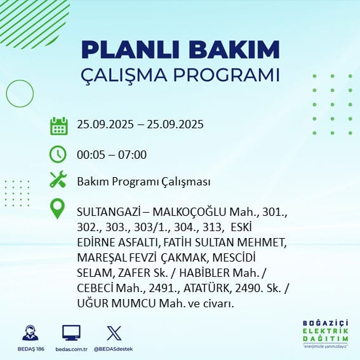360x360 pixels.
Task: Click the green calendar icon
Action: pos(59,126)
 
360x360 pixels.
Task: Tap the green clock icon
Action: pos(58,154)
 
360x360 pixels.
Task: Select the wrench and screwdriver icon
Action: pos(58,179)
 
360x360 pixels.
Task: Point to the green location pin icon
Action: pos(57,208)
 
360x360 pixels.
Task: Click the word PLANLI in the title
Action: pos(130,50)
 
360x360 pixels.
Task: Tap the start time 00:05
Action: pos(90,154)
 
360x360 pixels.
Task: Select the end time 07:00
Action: pos(132,154)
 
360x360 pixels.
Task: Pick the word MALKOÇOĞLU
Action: pos(189,212)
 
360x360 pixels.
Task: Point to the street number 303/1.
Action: pos(152,227)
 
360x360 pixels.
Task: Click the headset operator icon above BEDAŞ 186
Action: pos(30,333)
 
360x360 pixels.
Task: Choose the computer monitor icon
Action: pos(71,333)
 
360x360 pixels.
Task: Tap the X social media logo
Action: pos(114,333)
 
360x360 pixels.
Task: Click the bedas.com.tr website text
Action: pos(71,349)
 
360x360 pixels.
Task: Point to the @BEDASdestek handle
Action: pos(113,349)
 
